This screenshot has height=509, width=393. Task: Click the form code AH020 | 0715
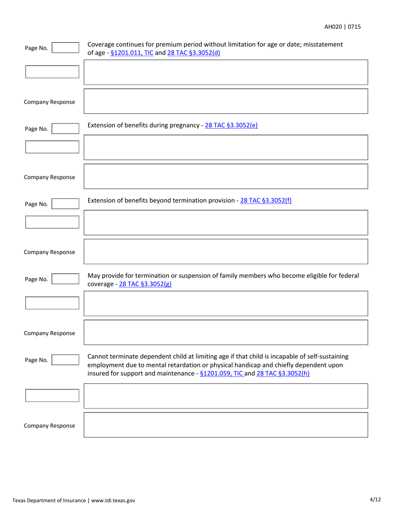point(342,27)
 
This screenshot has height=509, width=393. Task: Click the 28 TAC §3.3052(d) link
point(194,53)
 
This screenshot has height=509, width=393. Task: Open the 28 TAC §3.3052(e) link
point(231,125)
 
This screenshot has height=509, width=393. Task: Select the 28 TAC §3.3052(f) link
point(266,200)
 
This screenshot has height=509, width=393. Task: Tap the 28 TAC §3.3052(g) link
point(145,284)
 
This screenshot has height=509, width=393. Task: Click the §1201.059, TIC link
point(222,373)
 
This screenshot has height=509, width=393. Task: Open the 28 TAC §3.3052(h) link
point(283,373)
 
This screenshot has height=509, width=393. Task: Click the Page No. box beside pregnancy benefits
point(65,129)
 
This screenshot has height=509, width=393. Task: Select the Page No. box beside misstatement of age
point(65,48)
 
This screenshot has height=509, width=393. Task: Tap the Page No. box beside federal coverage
point(65,279)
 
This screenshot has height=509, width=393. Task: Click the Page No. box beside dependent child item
point(65,360)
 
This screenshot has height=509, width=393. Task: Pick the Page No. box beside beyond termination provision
point(65,204)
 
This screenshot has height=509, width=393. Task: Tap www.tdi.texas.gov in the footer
point(113,500)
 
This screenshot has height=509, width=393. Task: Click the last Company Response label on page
point(49,425)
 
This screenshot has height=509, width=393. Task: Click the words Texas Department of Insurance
point(49,500)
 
